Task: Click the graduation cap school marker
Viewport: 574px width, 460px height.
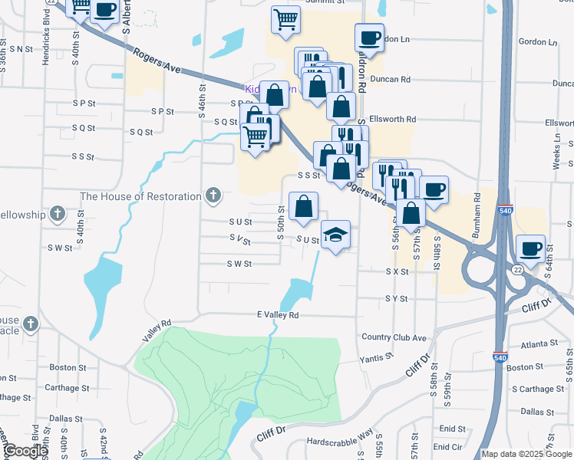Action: pos(335,235)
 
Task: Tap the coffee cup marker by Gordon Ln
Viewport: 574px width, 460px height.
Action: pos(369,38)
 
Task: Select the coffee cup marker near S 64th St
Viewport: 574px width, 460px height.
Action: pos(531,248)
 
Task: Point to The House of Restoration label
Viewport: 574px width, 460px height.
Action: pos(140,196)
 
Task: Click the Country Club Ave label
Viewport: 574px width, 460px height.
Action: pos(394,337)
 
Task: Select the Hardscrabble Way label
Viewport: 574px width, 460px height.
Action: pos(340,442)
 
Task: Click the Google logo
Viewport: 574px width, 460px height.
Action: pos(25,452)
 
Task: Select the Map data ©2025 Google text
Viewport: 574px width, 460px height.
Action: pos(526,454)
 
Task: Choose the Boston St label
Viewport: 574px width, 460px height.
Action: pos(66,367)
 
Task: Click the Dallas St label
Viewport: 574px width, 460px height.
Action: pos(67,419)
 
